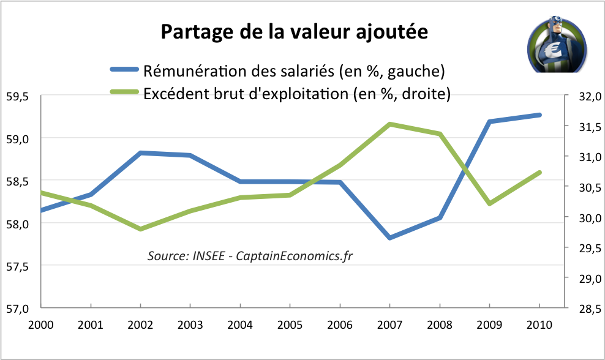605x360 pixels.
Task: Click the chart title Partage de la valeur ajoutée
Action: pyautogui.click(x=294, y=32)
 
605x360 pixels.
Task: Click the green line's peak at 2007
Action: pyautogui.click(x=389, y=124)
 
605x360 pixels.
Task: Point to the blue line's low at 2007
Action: pyautogui.click(x=389, y=238)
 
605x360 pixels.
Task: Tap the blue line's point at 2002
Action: pyautogui.click(x=141, y=152)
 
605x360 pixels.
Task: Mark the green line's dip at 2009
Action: pyautogui.click(x=489, y=203)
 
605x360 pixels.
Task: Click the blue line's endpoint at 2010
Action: pyautogui.click(x=539, y=114)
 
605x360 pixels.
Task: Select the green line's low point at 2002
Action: pyautogui.click(x=141, y=229)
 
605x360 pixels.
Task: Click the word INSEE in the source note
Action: pyautogui.click(x=209, y=256)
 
